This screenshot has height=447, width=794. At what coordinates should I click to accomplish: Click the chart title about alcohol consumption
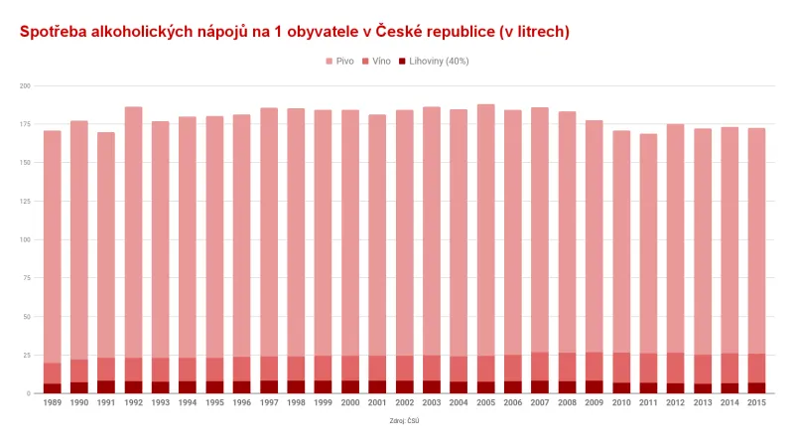(x=295, y=32)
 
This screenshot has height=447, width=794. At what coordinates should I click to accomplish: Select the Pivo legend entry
(x=339, y=62)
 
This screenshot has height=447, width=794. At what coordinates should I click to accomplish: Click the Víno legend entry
(x=378, y=62)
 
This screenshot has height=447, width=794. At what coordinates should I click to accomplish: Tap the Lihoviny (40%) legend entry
(x=433, y=62)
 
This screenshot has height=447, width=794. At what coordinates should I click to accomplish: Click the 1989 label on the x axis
(x=53, y=402)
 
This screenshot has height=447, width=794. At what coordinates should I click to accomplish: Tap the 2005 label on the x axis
(x=485, y=402)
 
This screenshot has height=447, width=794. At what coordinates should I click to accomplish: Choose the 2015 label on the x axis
(x=756, y=402)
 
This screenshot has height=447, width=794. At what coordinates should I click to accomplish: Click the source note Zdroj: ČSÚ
(x=403, y=421)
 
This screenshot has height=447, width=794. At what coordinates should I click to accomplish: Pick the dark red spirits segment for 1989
(x=53, y=388)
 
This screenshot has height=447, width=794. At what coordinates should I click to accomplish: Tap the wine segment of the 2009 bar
(x=594, y=366)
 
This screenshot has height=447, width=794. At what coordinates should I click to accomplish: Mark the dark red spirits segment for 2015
(x=756, y=388)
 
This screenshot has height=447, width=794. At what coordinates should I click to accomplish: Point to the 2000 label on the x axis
(x=350, y=402)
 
